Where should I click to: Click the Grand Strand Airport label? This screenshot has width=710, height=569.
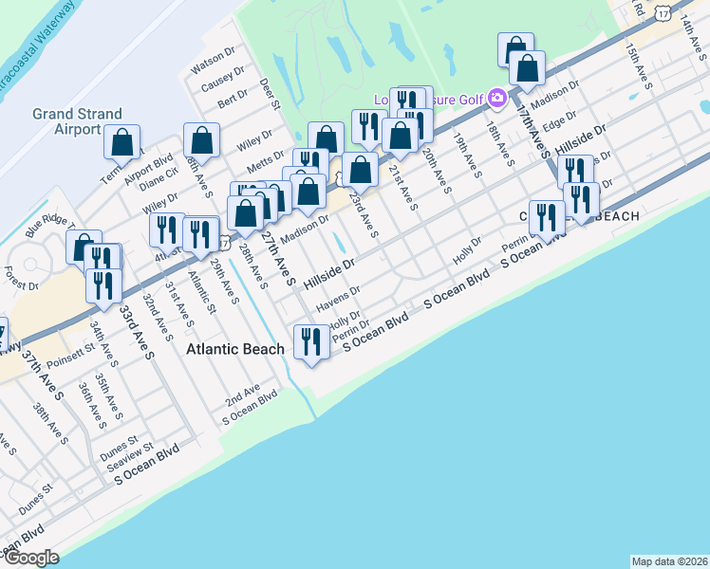(x=66, y=121)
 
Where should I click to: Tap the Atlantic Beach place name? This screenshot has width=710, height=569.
(x=235, y=349)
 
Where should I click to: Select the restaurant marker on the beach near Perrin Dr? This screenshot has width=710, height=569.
(x=310, y=341)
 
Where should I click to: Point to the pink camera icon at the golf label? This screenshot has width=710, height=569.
(x=495, y=98)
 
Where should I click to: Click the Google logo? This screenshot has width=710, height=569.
(x=31, y=558)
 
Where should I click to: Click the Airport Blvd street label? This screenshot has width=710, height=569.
(x=149, y=161)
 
